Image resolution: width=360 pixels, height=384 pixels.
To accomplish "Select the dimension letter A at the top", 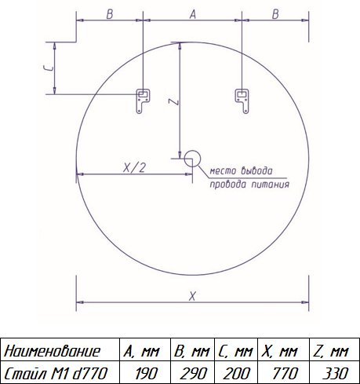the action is click(193, 14).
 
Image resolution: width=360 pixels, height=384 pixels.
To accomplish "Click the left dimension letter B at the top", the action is click(110, 14).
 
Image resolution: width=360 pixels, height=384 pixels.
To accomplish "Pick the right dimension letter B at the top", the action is click(275, 14).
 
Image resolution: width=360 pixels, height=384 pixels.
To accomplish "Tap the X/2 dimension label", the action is click(134, 168).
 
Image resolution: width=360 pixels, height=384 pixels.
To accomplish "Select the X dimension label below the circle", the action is click(192, 297).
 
